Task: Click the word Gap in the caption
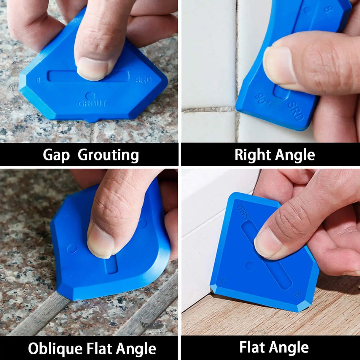56,155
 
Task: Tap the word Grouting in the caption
108,155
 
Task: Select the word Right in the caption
252,155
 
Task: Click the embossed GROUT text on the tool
92,104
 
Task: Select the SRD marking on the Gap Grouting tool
144,80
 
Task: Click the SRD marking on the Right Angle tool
296,111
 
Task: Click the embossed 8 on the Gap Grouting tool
38,80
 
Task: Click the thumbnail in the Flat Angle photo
267,243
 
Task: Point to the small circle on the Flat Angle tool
249,265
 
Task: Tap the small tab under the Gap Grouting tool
93,120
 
